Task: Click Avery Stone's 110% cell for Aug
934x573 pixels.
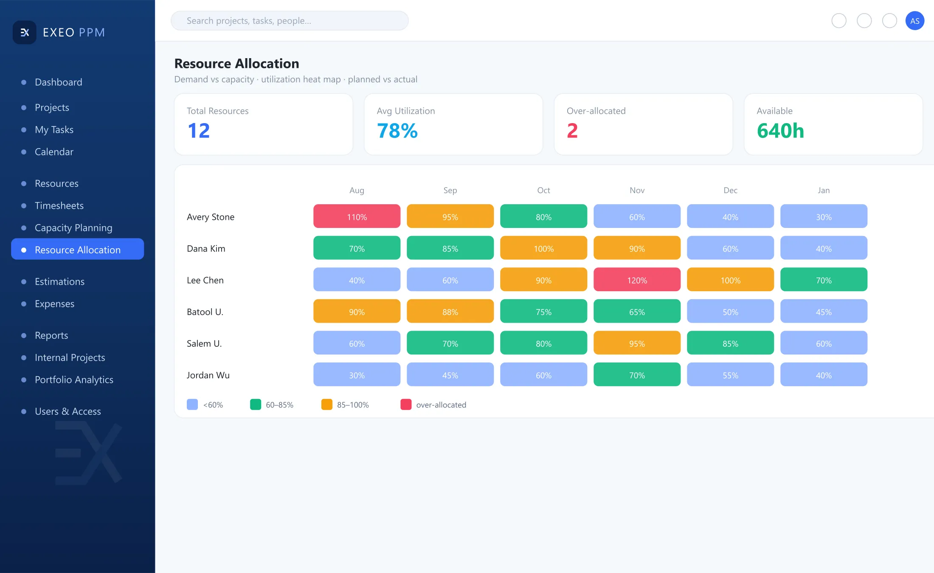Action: pos(357,216)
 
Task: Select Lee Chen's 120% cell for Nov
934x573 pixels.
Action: pos(637,280)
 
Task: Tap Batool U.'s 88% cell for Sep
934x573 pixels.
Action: pos(450,312)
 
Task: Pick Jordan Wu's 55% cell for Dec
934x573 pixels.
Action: pos(730,375)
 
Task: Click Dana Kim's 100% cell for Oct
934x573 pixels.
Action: pos(543,248)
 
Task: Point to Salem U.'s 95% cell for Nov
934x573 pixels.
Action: pos(637,343)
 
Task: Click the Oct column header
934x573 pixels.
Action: pos(543,190)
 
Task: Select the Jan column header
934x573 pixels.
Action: pos(824,190)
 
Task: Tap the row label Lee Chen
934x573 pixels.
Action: pos(205,280)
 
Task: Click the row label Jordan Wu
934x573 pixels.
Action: pos(208,375)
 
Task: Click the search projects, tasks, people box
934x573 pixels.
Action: pos(290,21)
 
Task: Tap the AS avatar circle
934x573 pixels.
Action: pos(914,21)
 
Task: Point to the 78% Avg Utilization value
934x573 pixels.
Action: pos(397,131)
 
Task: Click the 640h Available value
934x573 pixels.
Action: pos(780,131)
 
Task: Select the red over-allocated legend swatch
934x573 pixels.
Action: pos(406,404)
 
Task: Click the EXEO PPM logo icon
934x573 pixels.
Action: pos(25,32)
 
